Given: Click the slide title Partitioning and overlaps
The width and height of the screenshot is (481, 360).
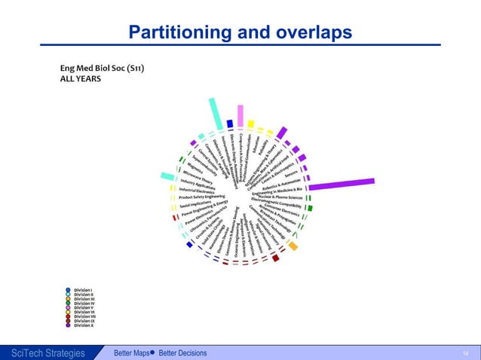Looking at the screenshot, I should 240,32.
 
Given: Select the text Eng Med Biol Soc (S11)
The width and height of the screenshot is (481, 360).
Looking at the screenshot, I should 102,69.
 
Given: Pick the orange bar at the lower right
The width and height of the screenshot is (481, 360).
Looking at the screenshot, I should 293,246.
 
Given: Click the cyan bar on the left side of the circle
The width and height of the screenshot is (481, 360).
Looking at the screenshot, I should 167,178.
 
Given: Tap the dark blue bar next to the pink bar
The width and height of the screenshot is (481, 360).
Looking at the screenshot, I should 230,123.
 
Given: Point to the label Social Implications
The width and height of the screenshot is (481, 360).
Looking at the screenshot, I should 195,204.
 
